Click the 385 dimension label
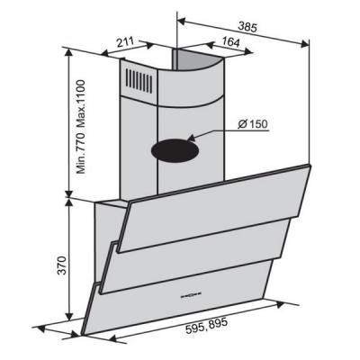pos(247,27)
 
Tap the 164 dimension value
pos(230,42)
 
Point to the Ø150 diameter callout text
pos(252,124)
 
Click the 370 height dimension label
pos(62,265)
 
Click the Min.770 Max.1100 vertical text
pos(81,127)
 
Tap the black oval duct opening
pos(175,150)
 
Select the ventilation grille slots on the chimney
pos(139,80)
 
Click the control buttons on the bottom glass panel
pos(190,295)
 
